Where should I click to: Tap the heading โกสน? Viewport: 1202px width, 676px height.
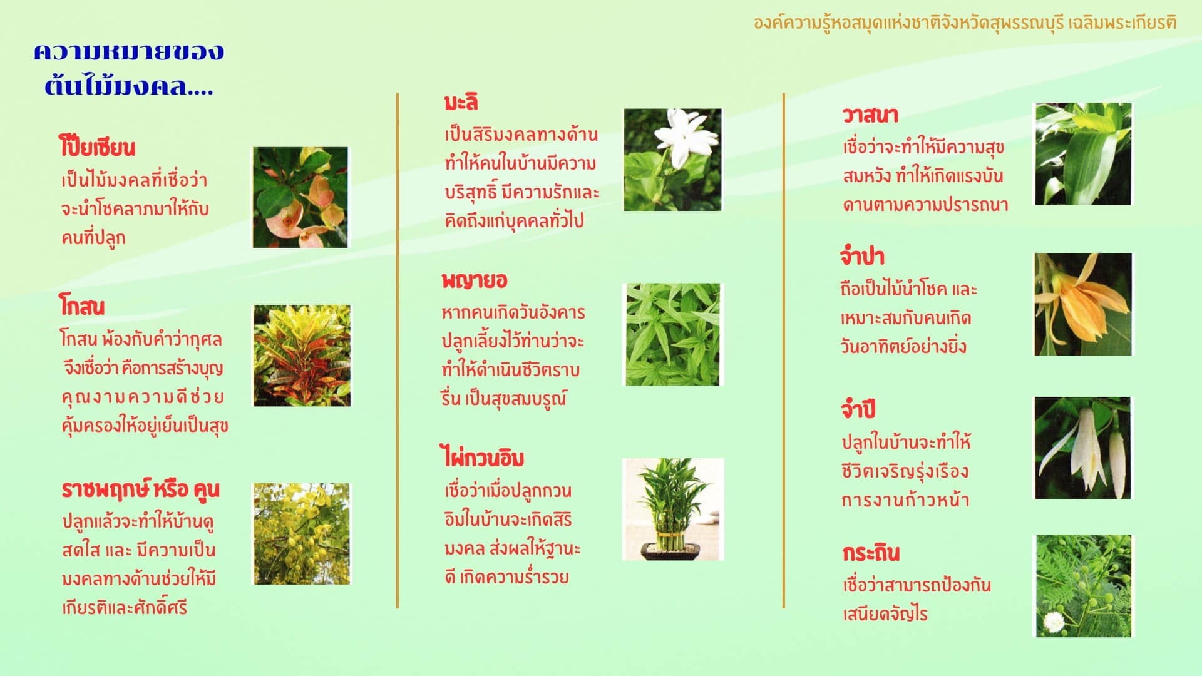(81, 307)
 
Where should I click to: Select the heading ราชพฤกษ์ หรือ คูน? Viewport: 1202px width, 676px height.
(140, 489)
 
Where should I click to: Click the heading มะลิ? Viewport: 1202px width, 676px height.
(461, 102)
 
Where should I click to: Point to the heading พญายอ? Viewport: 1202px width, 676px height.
(474, 280)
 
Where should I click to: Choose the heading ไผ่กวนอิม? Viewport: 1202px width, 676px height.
(482, 458)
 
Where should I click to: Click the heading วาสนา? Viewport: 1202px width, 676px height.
(870, 115)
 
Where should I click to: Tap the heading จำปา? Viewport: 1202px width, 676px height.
(862, 257)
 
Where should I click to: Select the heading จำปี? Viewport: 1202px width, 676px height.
(858, 409)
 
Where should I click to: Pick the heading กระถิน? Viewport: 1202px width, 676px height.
(871, 553)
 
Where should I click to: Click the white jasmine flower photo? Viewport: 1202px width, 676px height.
(672, 160)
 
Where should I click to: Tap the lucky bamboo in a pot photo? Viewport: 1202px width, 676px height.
(673, 509)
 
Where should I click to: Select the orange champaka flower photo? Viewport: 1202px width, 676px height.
(1083, 304)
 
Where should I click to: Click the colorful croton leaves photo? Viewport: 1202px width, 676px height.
(302, 356)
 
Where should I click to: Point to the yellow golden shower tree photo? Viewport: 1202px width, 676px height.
(302, 534)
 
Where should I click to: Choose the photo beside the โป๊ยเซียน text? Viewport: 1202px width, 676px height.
(300, 197)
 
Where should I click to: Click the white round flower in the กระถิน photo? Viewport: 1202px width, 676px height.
(1054, 622)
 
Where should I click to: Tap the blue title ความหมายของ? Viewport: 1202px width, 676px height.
(128, 52)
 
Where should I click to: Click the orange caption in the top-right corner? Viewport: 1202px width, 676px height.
(965, 23)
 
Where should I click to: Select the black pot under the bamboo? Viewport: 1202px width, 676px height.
(670, 551)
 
